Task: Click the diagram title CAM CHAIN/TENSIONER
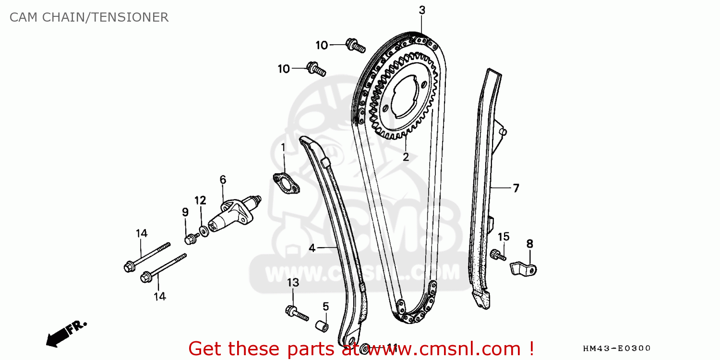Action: [89, 18]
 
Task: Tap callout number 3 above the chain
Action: [422, 10]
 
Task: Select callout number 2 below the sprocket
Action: [406, 157]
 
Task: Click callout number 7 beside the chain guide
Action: [516, 188]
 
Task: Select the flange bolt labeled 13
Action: [298, 313]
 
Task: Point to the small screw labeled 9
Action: [191, 238]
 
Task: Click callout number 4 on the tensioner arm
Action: [312, 248]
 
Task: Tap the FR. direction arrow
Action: [66, 332]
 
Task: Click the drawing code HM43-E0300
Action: [616, 348]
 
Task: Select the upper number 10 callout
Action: [322, 46]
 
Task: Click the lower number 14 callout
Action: [160, 297]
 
